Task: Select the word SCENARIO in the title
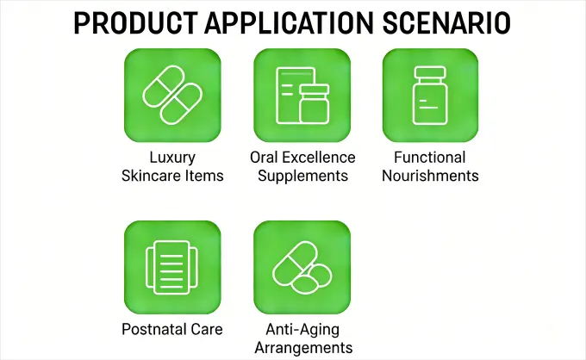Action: pyautogui.click(x=452, y=22)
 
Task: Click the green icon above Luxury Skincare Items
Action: pyautogui.click(x=172, y=95)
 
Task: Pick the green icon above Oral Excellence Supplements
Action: pyautogui.click(x=302, y=95)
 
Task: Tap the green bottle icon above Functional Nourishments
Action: pyautogui.click(x=430, y=95)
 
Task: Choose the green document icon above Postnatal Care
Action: pyautogui.click(x=172, y=267)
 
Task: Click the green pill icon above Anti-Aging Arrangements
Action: pyautogui.click(x=302, y=267)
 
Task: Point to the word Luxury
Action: pyautogui.click(x=172, y=158)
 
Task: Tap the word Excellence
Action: pyautogui.click(x=320, y=158)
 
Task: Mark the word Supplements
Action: pyautogui.click(x=302, y=176)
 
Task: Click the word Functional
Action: pyautogui.click(x=430, y=158)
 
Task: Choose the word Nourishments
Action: pyautogui.click(x=430, y=176)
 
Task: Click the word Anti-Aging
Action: pyautogui.click(x=302, y=329)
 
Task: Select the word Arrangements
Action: pyautogui.click(x=302, y=347)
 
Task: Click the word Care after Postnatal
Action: pyautogui.click(x=206, y=329)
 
